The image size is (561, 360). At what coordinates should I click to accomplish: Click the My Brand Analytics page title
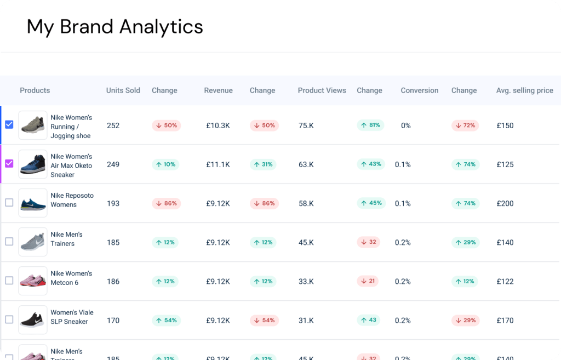115,26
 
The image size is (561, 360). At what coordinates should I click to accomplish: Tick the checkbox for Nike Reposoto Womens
9,203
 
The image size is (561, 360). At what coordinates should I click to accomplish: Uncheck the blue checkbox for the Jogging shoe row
9,125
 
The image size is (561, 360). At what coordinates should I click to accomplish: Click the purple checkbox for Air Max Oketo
9,164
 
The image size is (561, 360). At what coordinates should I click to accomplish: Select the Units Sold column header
123,90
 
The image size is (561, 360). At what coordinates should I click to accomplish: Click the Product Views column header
322,90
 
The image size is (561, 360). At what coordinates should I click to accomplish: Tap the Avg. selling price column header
524,90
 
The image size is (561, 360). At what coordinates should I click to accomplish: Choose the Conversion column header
419,90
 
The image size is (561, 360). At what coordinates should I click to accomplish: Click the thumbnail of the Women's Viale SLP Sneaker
33,319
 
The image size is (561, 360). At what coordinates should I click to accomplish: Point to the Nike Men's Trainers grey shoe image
33,242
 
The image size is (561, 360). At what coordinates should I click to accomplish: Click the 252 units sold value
113,125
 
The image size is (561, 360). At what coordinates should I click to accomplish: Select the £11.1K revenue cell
218,164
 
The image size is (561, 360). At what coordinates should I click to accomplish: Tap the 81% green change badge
370,125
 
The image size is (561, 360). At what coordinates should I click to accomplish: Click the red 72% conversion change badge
465,125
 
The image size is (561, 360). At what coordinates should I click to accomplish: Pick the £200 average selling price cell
505,203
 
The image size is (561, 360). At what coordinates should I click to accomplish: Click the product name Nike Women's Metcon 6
71,278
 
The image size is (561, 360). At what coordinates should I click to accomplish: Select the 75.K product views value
306,125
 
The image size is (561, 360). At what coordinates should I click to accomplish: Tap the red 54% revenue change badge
264,320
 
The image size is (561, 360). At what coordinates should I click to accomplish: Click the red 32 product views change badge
368,242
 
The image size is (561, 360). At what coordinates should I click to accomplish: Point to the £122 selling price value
505,282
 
